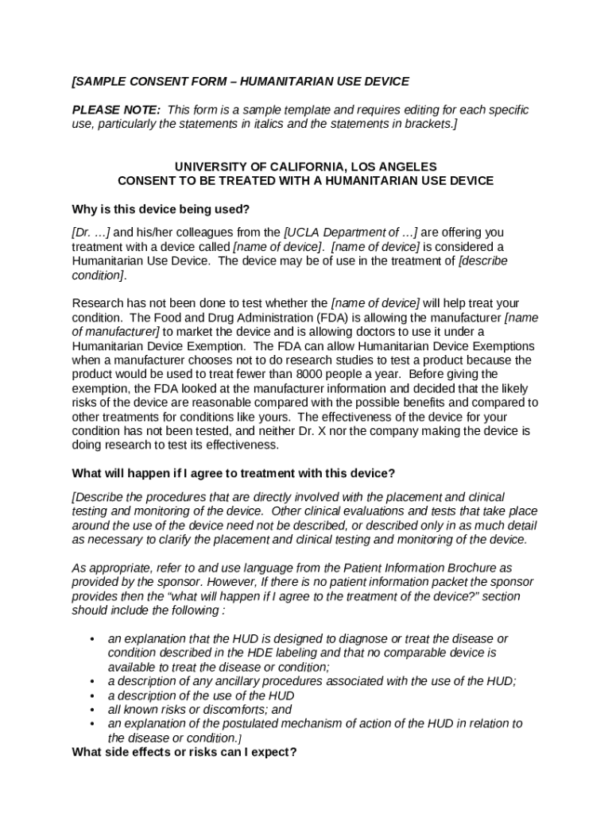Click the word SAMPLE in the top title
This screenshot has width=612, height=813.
(x=101, y=82)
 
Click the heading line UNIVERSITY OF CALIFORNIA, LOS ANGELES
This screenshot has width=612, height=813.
(x=305, y=167)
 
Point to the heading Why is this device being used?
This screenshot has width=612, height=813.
(x=161, y=210)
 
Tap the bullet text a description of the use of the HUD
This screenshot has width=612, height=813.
(x=200, y=695)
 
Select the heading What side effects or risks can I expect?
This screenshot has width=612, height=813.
(x=184, y=752)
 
